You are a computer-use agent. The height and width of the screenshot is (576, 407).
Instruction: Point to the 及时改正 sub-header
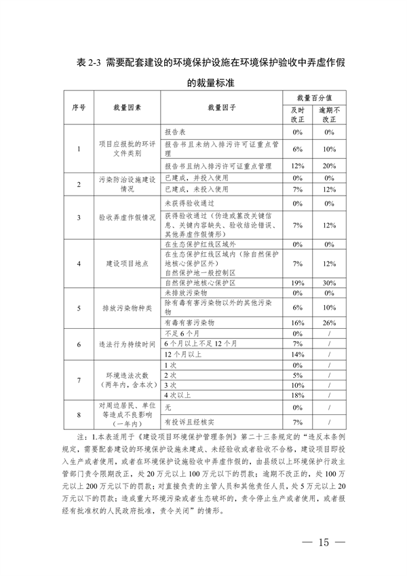(x=297, y=113)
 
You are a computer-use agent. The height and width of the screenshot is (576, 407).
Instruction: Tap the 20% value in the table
(x=330, y=166)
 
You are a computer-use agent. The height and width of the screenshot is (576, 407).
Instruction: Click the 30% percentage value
(x=330, y=283)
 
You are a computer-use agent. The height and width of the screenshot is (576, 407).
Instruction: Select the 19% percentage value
(x=297, y=283)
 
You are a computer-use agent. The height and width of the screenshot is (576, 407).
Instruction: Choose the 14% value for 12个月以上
(x=297, y=355)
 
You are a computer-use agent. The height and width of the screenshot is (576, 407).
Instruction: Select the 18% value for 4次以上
(x=297, y=395)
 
